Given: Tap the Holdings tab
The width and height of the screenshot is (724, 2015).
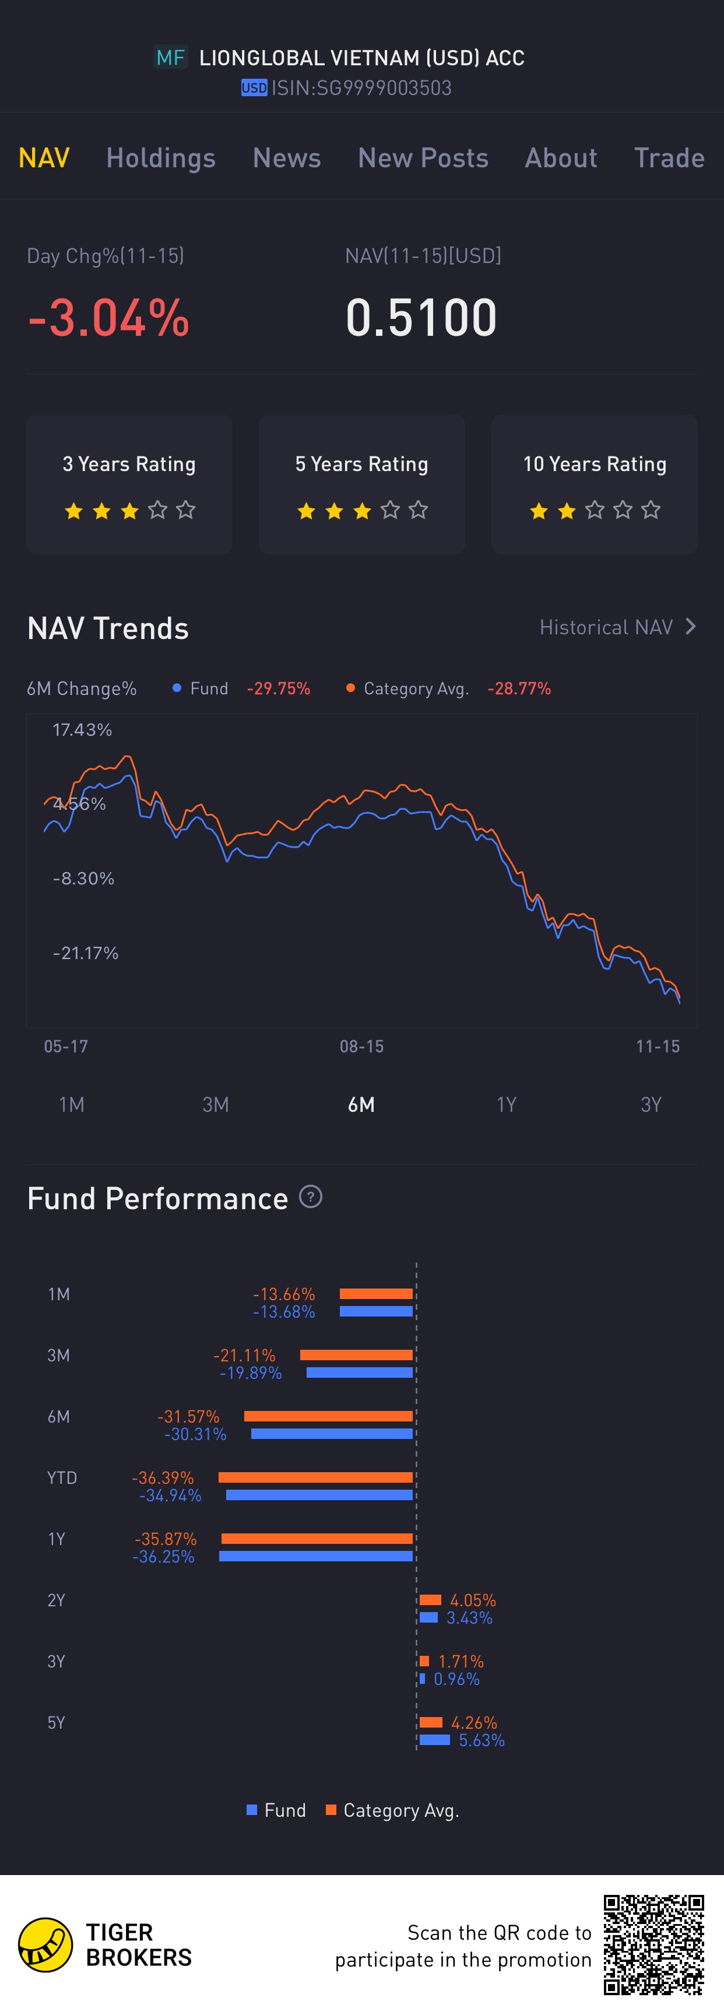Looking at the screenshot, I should [x=160, y=158].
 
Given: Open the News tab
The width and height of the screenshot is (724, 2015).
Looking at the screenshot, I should [x=286, y=158].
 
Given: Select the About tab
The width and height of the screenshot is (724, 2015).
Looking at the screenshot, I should [x=561, y=158].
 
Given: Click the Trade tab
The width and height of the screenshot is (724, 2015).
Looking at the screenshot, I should [x=669, y=158].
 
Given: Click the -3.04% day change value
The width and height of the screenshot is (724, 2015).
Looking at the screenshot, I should [x=108, y=318].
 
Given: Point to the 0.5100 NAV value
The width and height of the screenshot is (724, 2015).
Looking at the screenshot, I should [x=421, y=318].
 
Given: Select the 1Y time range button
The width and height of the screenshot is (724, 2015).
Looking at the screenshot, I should [x=506, y=1104].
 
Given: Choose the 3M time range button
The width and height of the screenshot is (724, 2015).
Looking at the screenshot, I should [x=216, y=1104].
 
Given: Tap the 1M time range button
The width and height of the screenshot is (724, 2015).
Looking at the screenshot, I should [x=71, y=1104].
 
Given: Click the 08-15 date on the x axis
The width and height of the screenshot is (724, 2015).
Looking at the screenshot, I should [x=361, y=1047].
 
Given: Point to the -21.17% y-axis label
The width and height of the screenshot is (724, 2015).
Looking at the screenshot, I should [x=85, y=953].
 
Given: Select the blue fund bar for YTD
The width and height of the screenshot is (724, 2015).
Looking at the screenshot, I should [x=319, y=1495].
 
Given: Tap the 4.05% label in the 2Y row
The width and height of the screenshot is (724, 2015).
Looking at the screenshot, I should [x=473, y=1600].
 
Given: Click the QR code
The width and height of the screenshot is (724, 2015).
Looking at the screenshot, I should [x=653, y=1944].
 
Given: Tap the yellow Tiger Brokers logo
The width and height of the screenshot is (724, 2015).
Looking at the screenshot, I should [x=45, y=1944].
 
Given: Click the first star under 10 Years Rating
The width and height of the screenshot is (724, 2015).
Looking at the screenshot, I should [x=539, y=511].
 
